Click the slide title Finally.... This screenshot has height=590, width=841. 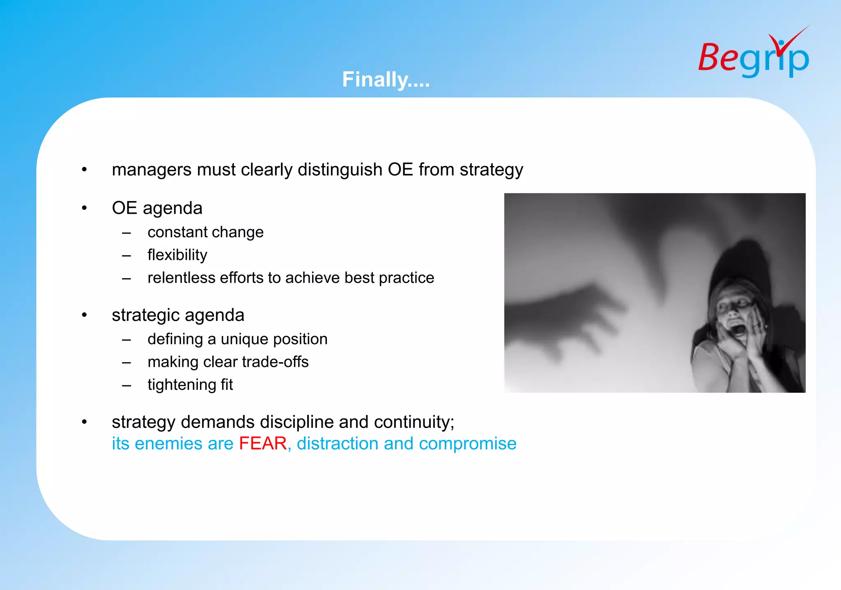pos(386,79)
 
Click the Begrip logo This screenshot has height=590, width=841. pos(754,55)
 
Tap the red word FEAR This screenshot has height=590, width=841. pos(263,444)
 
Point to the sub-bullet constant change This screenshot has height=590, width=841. pos(205,232)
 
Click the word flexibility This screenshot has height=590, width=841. pos(177,255)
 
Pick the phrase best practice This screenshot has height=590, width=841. pos(389,278)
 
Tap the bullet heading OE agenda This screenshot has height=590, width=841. pos(157,208)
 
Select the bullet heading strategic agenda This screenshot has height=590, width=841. pos(178,315)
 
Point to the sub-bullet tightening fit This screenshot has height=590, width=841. pos(190,385)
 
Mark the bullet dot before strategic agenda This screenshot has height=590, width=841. pos(85,315)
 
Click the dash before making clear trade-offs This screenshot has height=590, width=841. pos(126,363)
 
